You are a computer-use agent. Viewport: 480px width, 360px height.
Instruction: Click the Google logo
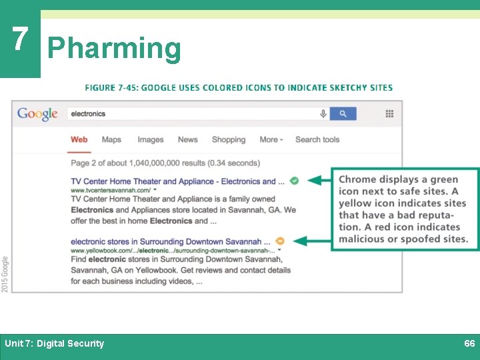(x=37, y=114)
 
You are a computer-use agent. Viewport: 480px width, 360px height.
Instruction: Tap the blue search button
(x=343, y=114)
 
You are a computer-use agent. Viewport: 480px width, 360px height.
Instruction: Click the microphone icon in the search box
(x=323, y=114)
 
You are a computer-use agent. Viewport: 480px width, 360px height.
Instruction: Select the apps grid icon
(x=389, y=114)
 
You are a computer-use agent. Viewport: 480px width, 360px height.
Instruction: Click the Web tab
(x=79, y=139)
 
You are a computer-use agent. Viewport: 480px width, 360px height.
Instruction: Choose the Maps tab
(x=111, y=139)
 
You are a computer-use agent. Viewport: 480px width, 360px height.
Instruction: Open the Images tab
(x=150, y=139)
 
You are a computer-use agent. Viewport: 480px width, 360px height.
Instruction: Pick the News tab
(x=187, y=139)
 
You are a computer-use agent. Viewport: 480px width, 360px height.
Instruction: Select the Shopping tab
(x=229, y=139)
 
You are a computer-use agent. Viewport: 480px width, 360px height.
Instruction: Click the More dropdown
(x=271, y=139)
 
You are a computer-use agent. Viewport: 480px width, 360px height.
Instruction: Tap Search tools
(x=317, y=139)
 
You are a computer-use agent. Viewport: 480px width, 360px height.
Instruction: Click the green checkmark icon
(x=294, y=181)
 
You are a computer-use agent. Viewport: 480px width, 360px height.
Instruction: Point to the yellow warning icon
(x=280, y=241)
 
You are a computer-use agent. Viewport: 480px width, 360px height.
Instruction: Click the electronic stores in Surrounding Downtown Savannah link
(x=170, y=241)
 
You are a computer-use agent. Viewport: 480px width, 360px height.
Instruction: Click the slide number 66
(x=469, y=343)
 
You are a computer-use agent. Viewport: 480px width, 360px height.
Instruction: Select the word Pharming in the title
(x=114, y=49)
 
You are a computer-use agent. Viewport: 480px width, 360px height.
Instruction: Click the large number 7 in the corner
(x=19, y=40)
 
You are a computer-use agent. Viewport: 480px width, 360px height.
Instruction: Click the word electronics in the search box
(x=88, y=114)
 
